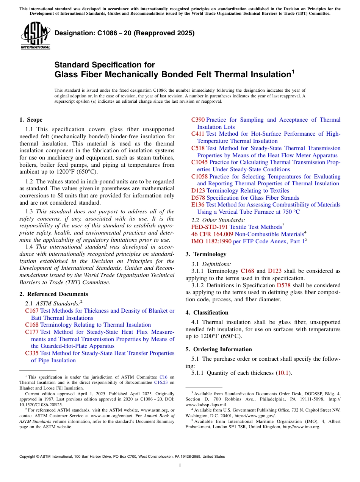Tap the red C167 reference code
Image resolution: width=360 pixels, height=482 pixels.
(32, 311)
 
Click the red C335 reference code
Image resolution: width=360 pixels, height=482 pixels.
(32, 353)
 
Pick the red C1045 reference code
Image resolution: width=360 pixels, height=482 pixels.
(199, 162)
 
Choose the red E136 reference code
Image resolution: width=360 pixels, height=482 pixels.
(198, 205)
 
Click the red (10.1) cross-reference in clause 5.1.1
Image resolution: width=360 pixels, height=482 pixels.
(284, 373)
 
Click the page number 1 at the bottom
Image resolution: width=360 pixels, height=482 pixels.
(180, 466)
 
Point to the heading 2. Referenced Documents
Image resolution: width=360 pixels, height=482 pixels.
(53, 294)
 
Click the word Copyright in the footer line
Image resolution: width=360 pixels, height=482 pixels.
(29, 457)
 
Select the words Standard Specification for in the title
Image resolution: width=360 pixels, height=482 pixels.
(105, 65)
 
